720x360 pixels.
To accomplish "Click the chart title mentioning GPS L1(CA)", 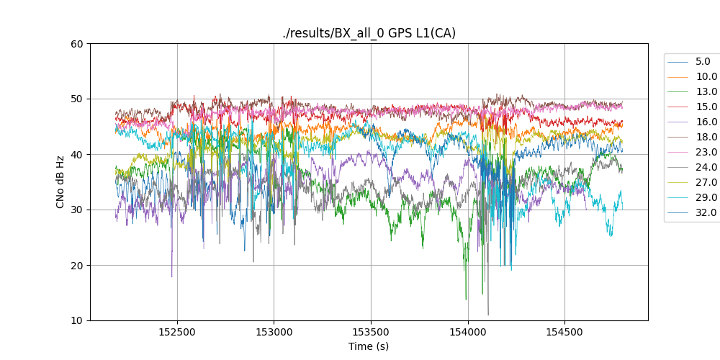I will point(369,33).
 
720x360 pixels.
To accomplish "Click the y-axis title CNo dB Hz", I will point(60,181).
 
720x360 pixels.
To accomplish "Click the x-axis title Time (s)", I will point(369,346).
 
